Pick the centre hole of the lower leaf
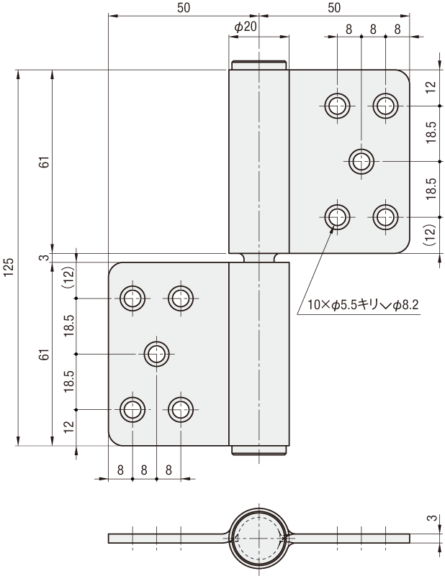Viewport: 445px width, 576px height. pyautogui.click(x=156, y=353)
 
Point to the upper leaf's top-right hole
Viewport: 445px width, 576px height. pyautogui.click(x=385, y=105)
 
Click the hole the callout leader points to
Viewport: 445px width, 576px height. pyautogui.click(x=336, y=216)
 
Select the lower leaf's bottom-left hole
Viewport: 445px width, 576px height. pyautogui.click(x=132, y=409)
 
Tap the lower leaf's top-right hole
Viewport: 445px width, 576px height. pyautogui.click(x=180, y=297)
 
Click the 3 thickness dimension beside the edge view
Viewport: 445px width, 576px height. pyautogui.click(x=431, y=516)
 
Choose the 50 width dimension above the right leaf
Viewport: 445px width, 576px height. pyautogui.click(x=333, y=8)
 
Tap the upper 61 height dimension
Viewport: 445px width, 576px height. pyautogui.click(x=44, y=163)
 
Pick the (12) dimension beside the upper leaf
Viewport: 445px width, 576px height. pyautogui.click(x=430, y=236)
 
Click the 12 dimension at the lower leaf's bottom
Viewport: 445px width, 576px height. pyautogui.click(x=69, y=426)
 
